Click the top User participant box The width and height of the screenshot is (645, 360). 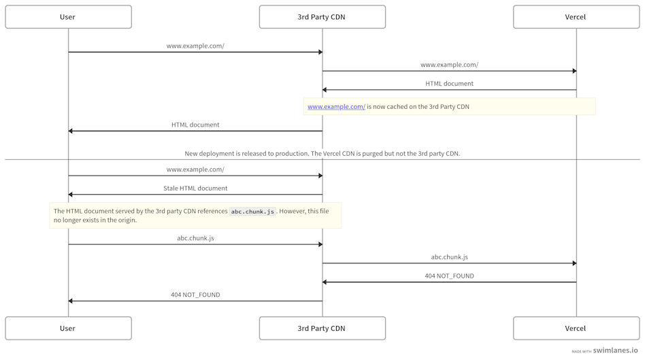[68, 17]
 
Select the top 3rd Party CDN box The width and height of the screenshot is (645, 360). [322, 17]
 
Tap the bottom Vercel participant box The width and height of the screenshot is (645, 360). [576, 328]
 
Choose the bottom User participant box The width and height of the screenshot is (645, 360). [68, 328]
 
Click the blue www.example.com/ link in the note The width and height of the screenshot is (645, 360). [336, 107]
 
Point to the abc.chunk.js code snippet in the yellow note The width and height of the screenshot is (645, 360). [252, 212]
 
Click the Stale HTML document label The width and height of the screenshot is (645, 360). [195, 189]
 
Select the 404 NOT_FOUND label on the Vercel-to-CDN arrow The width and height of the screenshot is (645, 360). [449, 276]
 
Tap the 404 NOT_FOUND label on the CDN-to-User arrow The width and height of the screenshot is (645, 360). [195, 295]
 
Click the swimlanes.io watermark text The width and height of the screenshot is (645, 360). [616, 350]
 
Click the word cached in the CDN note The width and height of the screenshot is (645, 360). [398, 107]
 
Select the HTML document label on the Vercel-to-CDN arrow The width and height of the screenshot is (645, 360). [449, 84]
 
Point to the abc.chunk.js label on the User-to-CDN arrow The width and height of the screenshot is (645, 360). [195, 238]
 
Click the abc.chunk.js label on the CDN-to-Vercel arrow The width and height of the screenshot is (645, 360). [449, 257]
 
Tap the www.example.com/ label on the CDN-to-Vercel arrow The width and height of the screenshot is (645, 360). [449, 65]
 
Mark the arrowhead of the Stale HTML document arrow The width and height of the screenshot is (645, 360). [71, 195]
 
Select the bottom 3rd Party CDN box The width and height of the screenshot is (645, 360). [322, 328]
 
